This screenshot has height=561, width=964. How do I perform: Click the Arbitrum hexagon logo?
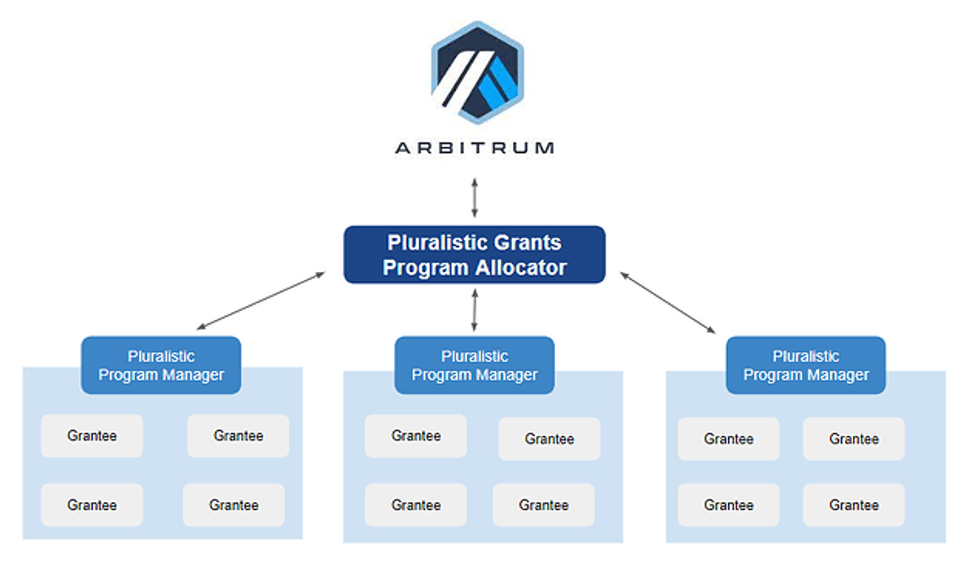477,72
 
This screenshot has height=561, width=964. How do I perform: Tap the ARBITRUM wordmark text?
474,148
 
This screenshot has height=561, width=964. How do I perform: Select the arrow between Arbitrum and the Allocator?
474,198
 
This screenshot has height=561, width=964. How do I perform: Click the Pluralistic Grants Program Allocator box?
474,254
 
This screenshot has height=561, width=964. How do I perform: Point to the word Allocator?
521,267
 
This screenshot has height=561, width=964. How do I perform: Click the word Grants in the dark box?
528,242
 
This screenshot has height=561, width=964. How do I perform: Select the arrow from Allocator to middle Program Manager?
474,310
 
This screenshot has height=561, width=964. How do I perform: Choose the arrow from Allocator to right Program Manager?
668,303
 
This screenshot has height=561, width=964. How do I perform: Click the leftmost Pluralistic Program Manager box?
161,365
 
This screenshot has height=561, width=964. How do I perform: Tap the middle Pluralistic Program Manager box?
474,365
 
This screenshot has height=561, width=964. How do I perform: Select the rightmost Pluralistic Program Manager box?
806,365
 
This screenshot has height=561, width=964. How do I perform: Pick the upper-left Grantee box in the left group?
92,436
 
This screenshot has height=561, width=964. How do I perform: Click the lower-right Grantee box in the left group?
233,505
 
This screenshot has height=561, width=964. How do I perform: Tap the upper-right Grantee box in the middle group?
549,439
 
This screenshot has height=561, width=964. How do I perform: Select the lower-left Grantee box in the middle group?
416,505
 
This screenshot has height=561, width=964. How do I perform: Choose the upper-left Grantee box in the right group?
729,439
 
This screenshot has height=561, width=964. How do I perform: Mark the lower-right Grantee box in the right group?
853,505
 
